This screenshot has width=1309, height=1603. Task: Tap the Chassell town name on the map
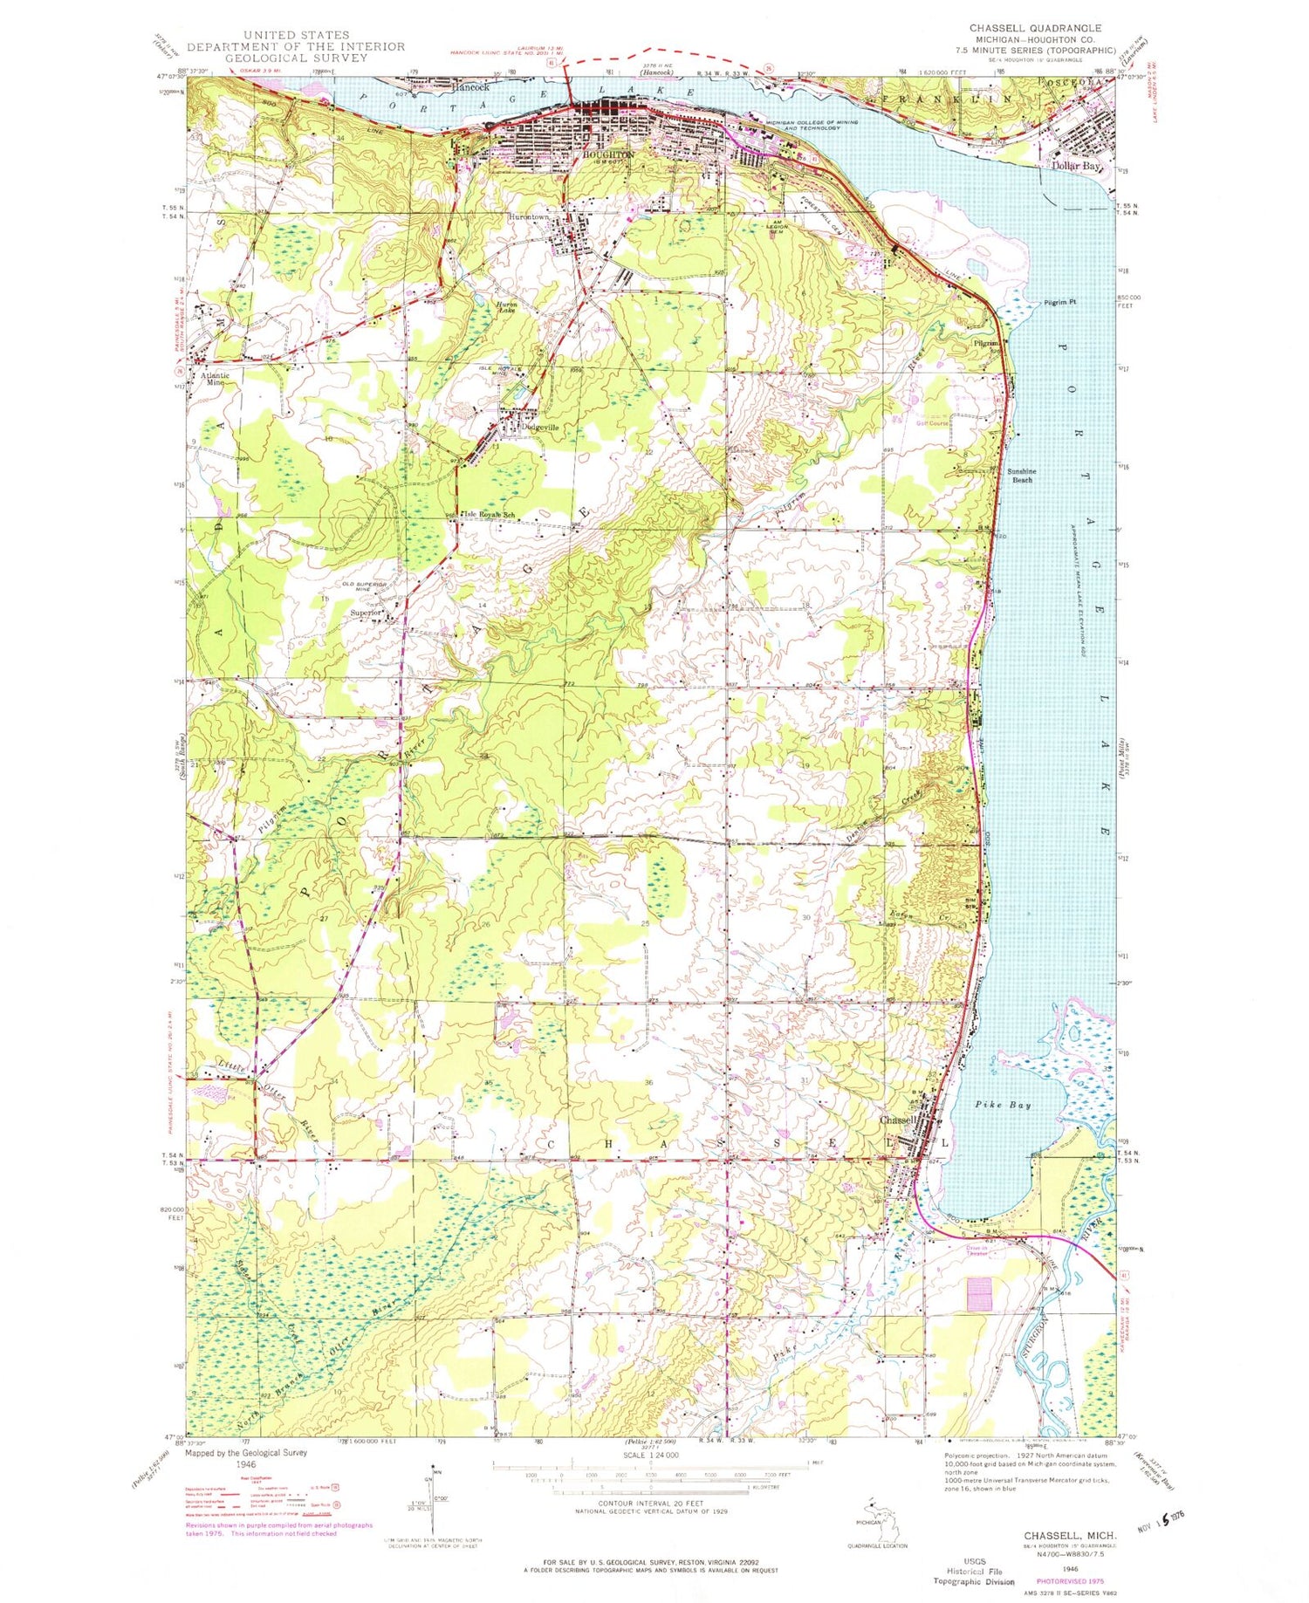(x=898, y=1120)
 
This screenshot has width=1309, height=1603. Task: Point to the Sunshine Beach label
(x=1021, y=476)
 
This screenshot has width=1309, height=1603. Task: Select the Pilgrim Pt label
(x=1060, y=302)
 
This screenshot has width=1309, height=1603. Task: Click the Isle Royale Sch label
(x=493, y=515)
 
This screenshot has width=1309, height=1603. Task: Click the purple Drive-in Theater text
(x=976, y=1251)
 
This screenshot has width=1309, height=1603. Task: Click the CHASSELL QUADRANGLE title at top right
(x=1034, y=29)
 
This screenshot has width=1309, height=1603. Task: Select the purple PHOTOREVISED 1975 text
(x=1069, y=1580)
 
